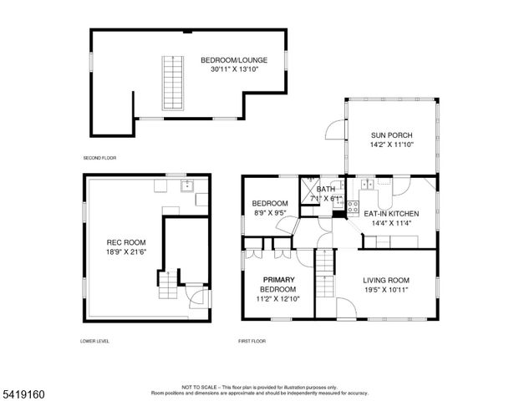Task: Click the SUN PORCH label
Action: click(x=391, y=135)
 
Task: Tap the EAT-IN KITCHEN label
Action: click(x=391, y=214)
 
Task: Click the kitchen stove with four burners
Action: click(x=353, y=206)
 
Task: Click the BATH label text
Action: click(x=326, y=189)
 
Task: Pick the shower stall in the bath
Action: click(x=308, y=186)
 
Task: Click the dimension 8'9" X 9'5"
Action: click(x=270, y=213)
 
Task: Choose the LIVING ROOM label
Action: click(x=385, y=281)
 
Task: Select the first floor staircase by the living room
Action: click(x=324, y=274)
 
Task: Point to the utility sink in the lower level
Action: click(x=187, y=185)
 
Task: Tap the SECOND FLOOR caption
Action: click(x=99, y=158)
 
